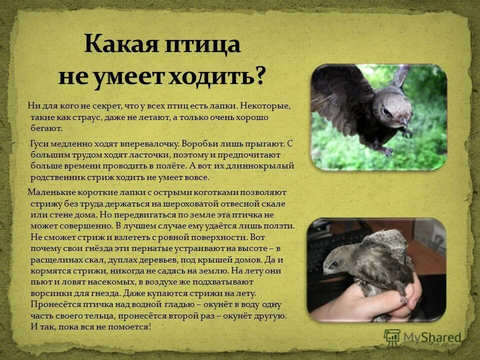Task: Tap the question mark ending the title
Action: point(259,76)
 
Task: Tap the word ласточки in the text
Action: point(125,155)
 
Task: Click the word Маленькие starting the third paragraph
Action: point(50,192)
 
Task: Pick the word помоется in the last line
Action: point(127,327)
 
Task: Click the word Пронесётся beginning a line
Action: point(54,304)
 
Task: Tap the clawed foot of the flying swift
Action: point(408,133)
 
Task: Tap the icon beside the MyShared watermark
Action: point(392,337)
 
